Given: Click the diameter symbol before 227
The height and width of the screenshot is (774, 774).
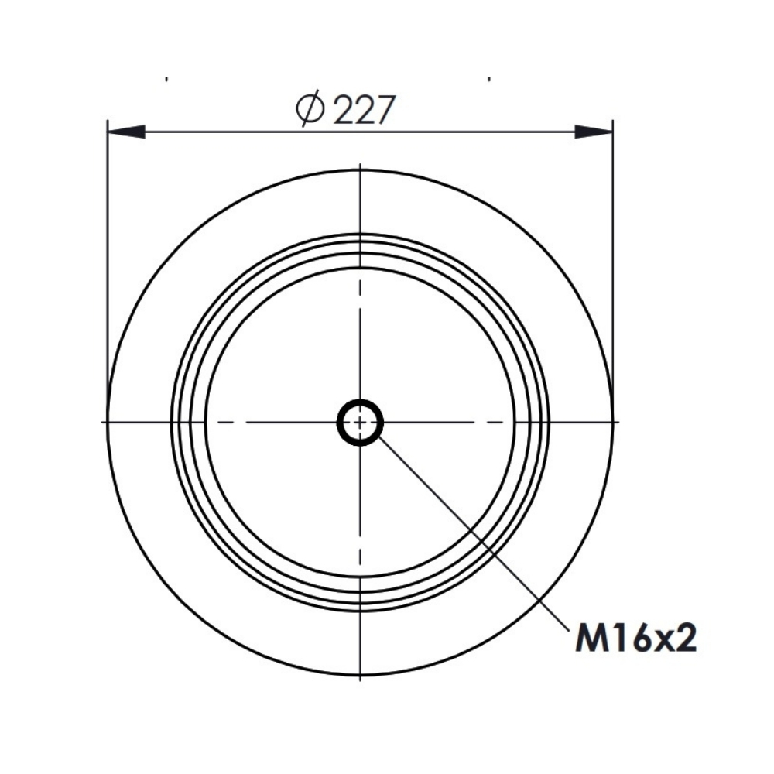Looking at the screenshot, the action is tap(310, 110).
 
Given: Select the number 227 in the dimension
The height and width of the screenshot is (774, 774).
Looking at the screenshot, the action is tap(365, 110).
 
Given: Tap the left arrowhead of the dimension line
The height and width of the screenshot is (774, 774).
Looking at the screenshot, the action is tap(126, 132).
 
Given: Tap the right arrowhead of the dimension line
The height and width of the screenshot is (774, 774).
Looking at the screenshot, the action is tap(594, 132).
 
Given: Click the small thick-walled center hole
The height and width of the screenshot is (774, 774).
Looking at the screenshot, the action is tap(361, 422).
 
